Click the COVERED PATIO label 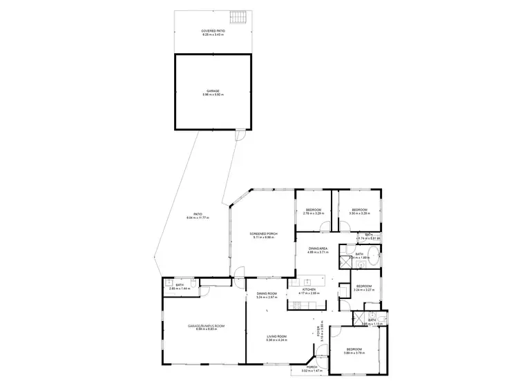(x=213, y=32)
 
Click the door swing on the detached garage (x=240, y=135)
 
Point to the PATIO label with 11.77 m (x=197, y=216)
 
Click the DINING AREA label (x=318, y=250)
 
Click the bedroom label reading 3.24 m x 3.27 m (x=363, y=288)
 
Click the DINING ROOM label (x=267, y=296)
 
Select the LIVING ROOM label (x=277, y=338)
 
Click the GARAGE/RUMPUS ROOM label (x=204, y=327)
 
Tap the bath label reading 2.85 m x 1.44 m (x=180, y=287)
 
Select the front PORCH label (x=312, y=369)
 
